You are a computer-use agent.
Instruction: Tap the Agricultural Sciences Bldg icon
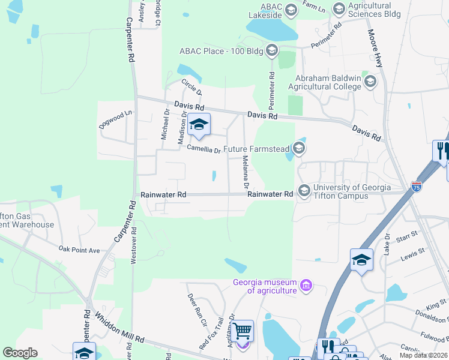pyautogui.click(x=339, y=8)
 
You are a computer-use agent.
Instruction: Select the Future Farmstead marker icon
pyautogui.click(x=298, y=148)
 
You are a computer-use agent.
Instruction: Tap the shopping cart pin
pyautogui.click(x=242, y=331)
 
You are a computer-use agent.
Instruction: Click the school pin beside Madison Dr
pyautogui.click(x=199, y=125)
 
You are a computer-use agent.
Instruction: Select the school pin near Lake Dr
pyautogui.click(x=361, y=260)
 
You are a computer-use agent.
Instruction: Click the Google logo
pyautogui.click(x=20, y=353)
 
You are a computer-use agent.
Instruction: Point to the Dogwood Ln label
pyautogui.click(x=115, y=119)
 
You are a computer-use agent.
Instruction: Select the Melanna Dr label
pyautogui.click(x=245, y=170)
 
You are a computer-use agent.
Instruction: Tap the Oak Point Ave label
pyautogui.click(x=79, y=249)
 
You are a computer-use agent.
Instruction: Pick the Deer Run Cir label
pyautogui.click(x=196, y=308)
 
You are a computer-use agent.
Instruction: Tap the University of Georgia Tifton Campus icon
pyautogui.click(x=304, y=190)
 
